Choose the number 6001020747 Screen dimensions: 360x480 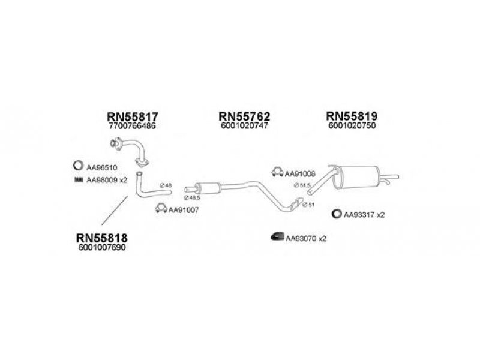(244, 127)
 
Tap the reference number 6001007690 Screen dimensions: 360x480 (102, 248)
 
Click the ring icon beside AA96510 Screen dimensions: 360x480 (77, 166)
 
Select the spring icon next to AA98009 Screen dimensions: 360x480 (77, 179)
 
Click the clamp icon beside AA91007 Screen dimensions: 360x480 (160, 209)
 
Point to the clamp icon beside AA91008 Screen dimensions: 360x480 (277, 173)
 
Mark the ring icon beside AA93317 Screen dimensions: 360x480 (337, 214)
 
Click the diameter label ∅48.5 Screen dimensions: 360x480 (191, 197)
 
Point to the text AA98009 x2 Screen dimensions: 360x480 (107, 179)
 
